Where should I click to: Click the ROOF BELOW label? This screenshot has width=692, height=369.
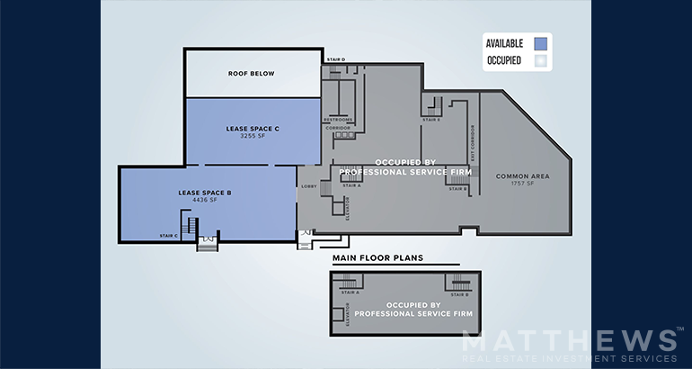click(x=252, y=73)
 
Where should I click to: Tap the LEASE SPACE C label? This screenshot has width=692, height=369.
click(x=253, y=129)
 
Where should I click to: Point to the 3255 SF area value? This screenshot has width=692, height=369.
click(x=253, y=137)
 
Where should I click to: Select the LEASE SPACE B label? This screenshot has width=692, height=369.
click(x=205, y=193)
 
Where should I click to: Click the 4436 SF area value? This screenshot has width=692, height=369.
click(x=205, y=201)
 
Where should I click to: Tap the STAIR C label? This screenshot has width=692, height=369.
click(x=168, y=236)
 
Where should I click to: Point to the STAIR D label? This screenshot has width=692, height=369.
click(x=335, y=59)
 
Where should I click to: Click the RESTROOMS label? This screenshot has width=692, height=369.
click(x=338, y=120)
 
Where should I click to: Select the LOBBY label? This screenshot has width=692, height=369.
click(x=308, y=186)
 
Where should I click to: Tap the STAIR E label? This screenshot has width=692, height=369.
click(x=431, y=120)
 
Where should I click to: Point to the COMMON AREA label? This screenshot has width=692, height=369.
click(x=522, y=175)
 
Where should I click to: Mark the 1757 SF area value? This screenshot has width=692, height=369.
click(x=522, y=184)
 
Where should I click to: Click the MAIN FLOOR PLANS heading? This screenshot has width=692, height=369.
click(x=377, y=258)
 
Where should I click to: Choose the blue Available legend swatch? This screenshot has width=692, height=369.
click(x=540, y=42)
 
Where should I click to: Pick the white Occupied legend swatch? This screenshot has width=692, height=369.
click(x=540, y=60)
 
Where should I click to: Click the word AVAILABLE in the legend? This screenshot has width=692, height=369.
click(x=504, y=43)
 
